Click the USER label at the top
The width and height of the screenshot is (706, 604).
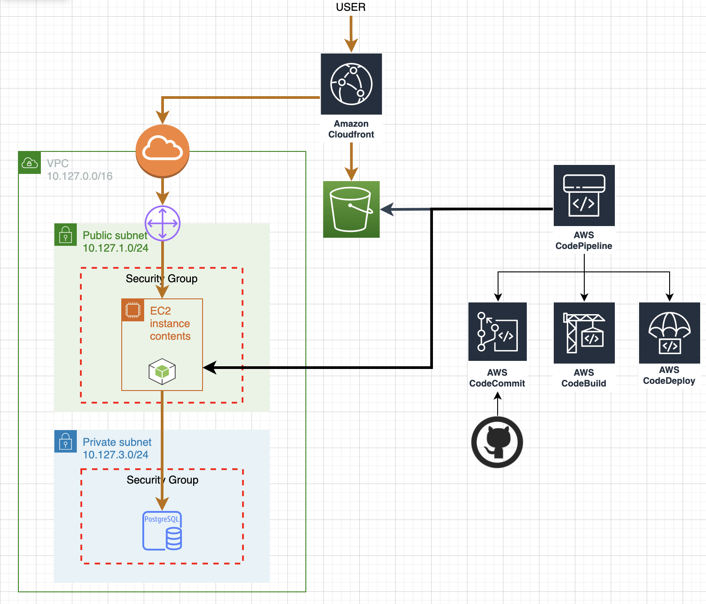(351, 7)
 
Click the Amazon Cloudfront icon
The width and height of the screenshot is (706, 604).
(351, 84)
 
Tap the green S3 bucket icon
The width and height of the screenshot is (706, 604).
(351, 209)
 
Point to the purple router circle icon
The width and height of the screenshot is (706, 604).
(163, 223)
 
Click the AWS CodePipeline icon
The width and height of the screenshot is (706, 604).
(584, 195)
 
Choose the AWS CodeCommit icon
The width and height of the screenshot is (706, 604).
(497, 332)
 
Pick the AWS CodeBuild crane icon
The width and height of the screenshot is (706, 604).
(584, 333)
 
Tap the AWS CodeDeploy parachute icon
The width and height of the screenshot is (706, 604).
(669, 333)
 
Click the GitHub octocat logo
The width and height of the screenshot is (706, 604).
(497, 442)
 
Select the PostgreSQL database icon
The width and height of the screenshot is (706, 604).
(162, 531)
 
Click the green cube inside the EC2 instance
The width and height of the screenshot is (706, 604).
(162, 372)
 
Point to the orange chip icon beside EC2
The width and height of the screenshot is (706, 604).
(133, 310)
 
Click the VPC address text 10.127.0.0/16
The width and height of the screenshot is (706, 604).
(79, 176)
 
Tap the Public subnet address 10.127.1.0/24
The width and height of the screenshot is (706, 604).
(115, 248)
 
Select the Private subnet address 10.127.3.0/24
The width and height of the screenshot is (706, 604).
(115, 455)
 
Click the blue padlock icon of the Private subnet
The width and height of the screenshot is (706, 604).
(66, 441)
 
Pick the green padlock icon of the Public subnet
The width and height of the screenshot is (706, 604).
(66, 235)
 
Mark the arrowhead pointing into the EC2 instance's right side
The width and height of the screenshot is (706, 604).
(208, 368)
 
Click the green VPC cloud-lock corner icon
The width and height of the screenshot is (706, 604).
(30, 163)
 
